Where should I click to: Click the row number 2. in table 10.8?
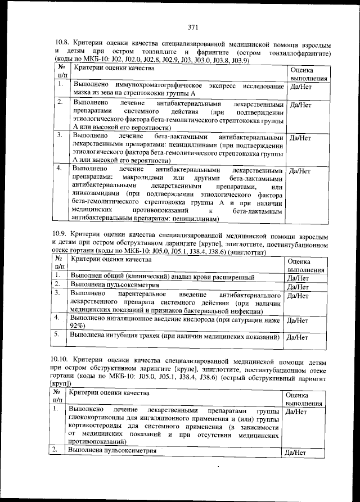(60, 102)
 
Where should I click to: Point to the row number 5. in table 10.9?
(57, 334)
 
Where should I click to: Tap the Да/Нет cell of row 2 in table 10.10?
(295, 452)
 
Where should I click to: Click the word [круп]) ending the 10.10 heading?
(60, 383)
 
